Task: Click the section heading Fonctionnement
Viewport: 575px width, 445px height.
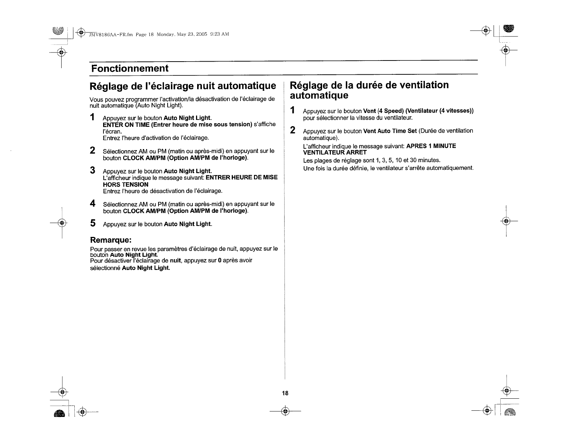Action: point(130,69)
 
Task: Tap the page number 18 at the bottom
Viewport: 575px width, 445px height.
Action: point(285,393)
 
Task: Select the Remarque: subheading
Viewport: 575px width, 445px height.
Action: point(110,240)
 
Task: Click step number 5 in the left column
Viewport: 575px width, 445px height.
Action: point(93,223)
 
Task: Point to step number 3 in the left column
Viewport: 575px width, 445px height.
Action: point(93,170)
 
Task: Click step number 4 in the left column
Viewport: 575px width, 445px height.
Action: point(93,203)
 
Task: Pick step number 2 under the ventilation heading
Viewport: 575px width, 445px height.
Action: point(292,130)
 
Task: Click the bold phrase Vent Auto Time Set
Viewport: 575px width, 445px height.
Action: point(390,131)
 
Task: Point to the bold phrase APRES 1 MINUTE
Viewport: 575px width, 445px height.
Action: point(431,146)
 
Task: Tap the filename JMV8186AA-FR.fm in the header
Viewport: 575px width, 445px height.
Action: point(109,35)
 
